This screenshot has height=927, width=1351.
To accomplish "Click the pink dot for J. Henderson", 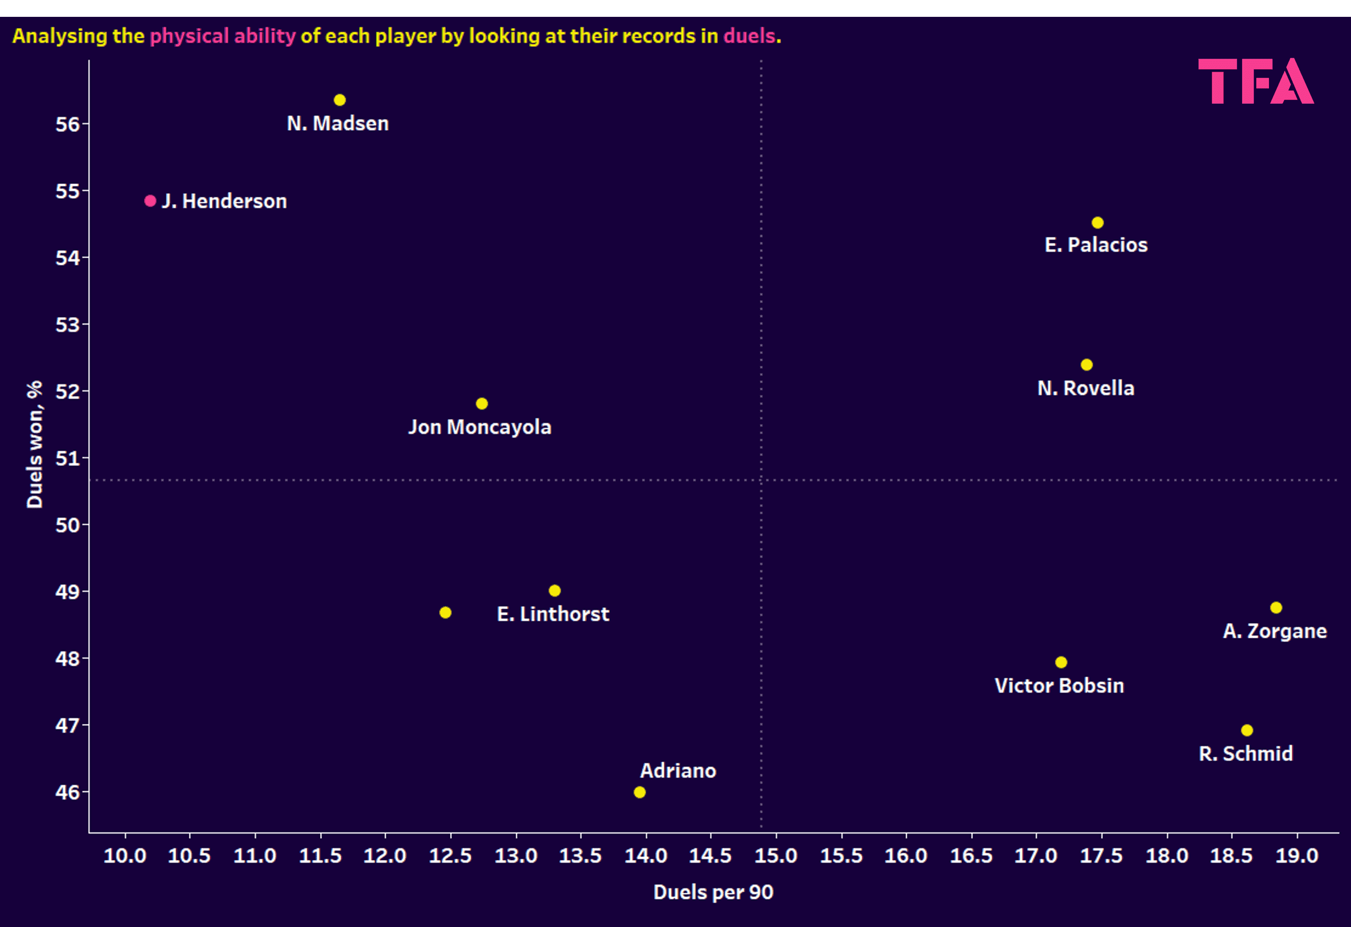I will [150, 201].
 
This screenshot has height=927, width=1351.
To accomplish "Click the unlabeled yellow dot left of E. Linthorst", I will [445, 612].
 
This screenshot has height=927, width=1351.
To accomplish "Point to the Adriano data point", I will [640, 792].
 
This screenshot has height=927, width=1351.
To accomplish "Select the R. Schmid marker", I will [1247, 730].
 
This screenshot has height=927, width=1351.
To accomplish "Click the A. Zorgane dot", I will [1276, 607].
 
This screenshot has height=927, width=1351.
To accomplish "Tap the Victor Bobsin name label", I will [1059, 686].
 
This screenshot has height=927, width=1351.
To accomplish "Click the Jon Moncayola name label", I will [480, 427].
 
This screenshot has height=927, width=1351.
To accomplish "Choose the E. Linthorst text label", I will [553, 614].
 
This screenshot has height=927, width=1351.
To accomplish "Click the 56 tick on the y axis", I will [67, 124].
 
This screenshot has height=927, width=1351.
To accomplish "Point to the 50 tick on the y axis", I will [67, 525].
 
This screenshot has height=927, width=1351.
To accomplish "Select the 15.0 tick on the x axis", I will [776, 856].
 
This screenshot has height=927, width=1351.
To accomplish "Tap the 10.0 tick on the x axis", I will [124, 856].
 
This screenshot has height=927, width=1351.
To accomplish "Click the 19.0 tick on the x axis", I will [1296, 856].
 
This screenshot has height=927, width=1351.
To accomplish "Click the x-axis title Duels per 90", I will [713, 892].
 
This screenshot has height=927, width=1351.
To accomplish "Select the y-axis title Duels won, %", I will [35, 445].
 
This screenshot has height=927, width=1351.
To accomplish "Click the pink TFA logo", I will [1256, 81].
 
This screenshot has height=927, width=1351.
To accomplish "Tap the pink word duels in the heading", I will [749, 36].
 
